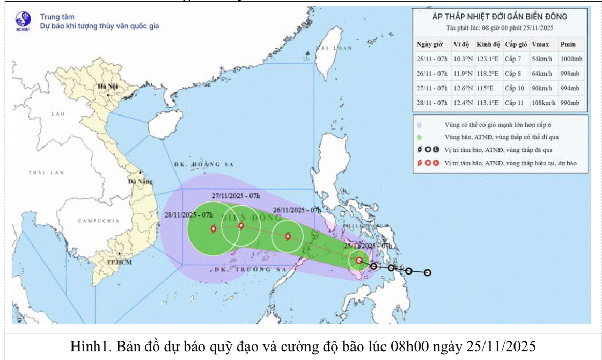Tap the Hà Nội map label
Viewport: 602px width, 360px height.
click(109, 85)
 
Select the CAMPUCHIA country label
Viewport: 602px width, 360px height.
click(98, 221)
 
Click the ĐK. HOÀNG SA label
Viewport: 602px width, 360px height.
click(204, 164)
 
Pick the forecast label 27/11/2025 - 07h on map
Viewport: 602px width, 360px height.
click(236, 195)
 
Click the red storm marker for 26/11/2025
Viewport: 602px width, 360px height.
click(288, 237)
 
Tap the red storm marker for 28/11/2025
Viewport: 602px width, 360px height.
click(213, 228)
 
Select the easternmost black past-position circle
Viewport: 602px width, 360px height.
click(428, 273)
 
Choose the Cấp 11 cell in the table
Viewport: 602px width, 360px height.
click(514, 103)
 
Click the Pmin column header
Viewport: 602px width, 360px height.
click(568, 44)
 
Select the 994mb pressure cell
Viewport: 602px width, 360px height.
click(571, 89)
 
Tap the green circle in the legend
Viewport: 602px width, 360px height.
click(419, 137)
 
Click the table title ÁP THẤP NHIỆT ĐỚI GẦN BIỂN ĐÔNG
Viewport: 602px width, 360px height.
click(500, 17)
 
